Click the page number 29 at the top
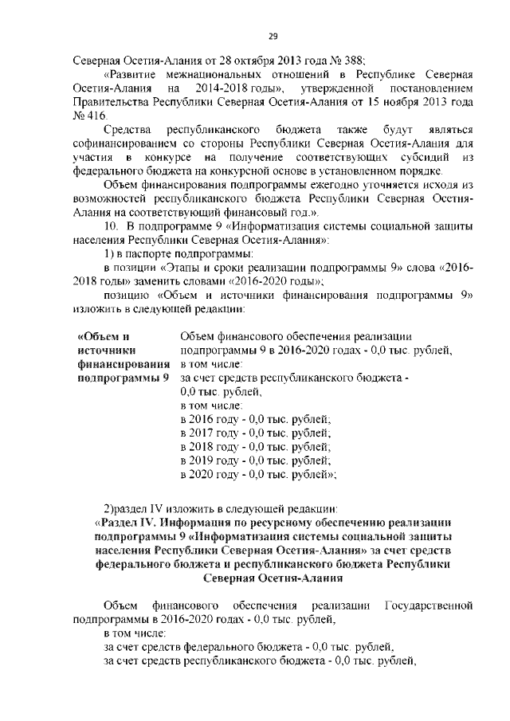click(x=272, y=35)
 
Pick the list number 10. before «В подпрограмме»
click(x=110, y=225)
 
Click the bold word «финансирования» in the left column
click(x=120, y=363)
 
